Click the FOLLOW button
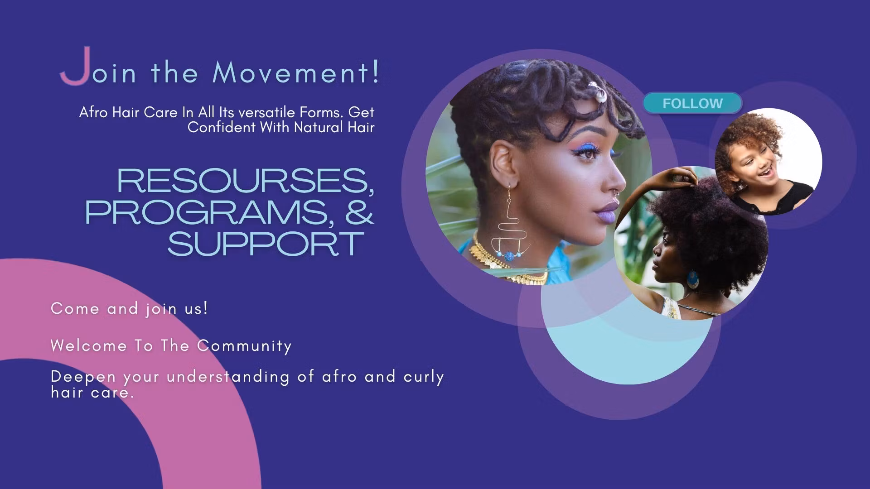(692, 103)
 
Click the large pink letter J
(76, 66)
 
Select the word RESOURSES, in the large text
(246, 181)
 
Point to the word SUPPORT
(266, 244)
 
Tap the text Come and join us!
(130, 309)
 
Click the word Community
(245, 346)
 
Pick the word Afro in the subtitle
(94, 112)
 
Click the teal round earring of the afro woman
(693, 279)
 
